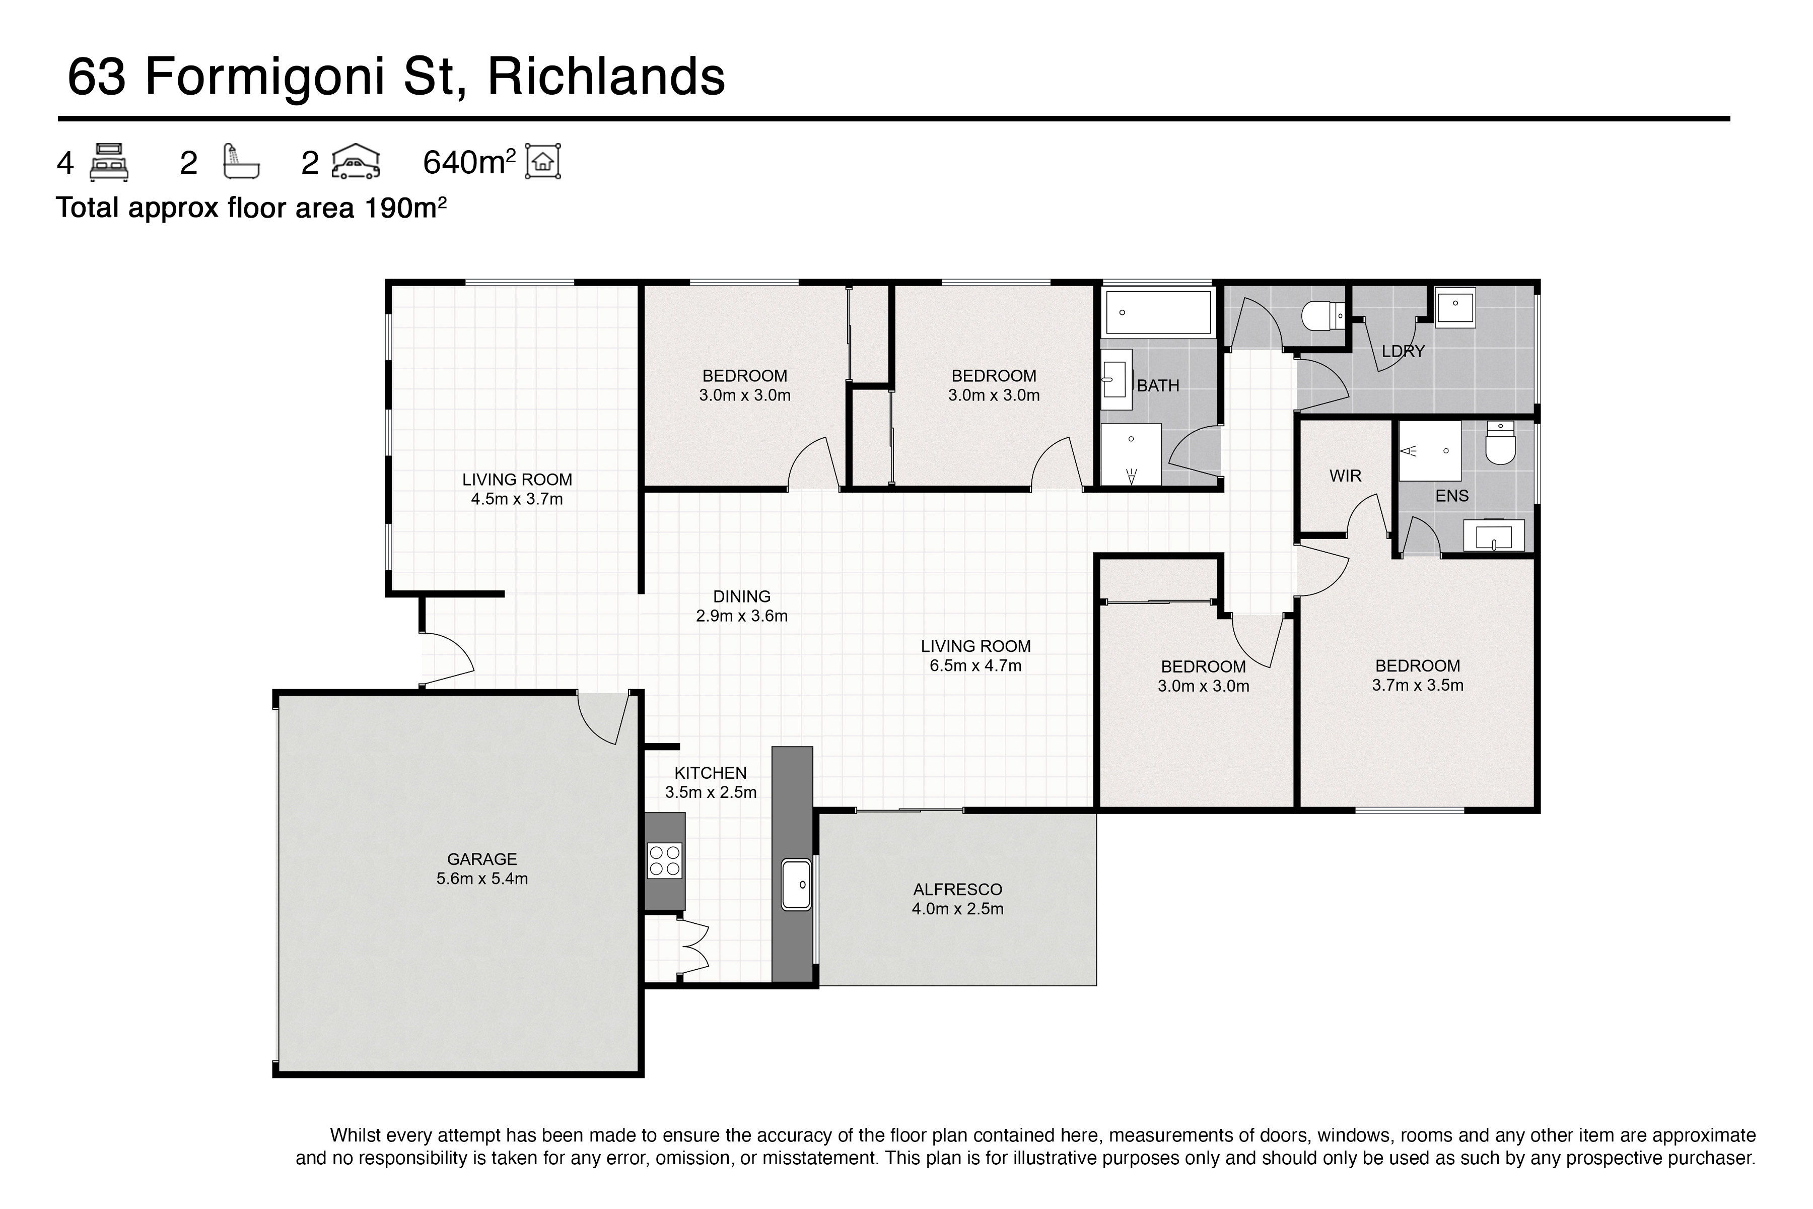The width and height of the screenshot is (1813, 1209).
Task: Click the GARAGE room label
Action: click(x=482, y=859)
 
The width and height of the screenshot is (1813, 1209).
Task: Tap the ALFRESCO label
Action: click(x=957, y=889)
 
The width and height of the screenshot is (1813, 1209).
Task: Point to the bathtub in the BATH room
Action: click(x=1158, y=312)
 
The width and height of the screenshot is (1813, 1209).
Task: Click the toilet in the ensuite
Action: click(x=1500, y=443)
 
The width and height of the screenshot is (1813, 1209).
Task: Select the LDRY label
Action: click(x=1403, y=352)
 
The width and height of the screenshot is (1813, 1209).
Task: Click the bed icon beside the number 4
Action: click(x=109, y=162)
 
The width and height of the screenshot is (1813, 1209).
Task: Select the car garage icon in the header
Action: click(x=356, y=161)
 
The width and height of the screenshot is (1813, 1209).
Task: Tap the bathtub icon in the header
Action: click(x=241, y=161)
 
